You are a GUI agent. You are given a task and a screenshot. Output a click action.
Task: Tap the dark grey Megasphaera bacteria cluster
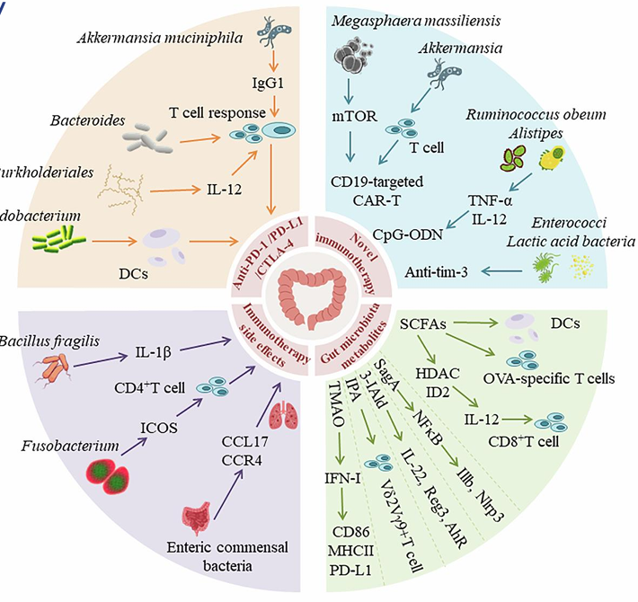click(x=352, y=63)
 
